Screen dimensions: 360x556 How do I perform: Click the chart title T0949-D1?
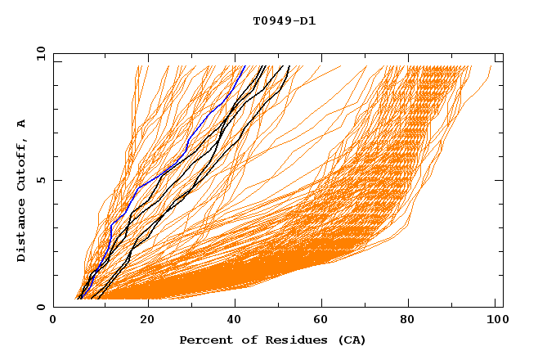pos(284,21)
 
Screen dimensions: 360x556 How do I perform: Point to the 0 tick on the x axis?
pos(53,321)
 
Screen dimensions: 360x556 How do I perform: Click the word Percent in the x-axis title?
pos(205,340)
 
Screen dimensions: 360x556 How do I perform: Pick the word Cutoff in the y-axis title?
pos(21,166)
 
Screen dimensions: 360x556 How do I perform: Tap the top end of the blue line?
pos(244,65)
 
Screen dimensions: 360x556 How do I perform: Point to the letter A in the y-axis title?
pos(21,124)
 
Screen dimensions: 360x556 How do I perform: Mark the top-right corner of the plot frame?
pos(503,53)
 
